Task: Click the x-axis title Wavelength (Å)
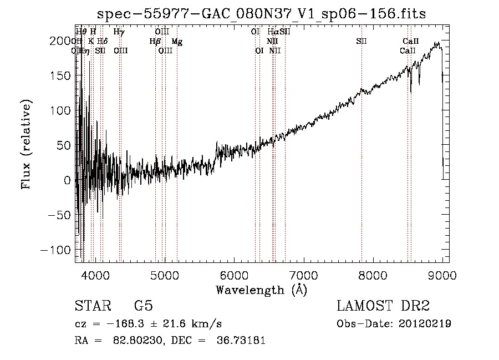(261, 290)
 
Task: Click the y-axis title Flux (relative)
(27, 144)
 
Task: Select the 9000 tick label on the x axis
(442, 275)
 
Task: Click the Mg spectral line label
(177, 41)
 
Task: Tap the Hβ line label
(155, 41)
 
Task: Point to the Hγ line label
(119, 32)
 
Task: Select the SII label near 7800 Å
(361, 41)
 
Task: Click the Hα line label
(273, 32)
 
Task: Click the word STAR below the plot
(93, 306)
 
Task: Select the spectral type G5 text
(143, 306)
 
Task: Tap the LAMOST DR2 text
(383, 306)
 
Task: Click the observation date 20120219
(425, 323)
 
